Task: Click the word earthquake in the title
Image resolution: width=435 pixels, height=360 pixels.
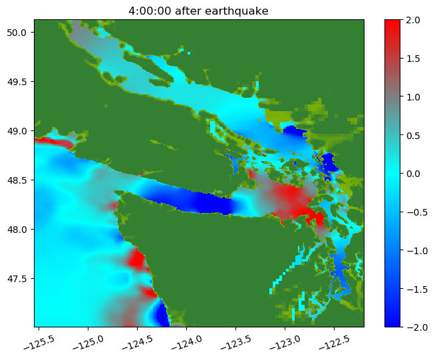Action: [237, 11]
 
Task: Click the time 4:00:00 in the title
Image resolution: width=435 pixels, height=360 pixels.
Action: [150, 11]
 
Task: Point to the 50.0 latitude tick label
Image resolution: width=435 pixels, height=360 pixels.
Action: [17, 33]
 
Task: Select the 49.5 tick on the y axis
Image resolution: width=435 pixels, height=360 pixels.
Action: [17, 82]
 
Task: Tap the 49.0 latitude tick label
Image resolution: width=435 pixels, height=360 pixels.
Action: [17, 130]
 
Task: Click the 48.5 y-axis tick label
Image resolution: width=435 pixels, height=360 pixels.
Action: [17, 180]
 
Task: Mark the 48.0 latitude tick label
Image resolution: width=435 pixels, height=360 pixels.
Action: [17, 230]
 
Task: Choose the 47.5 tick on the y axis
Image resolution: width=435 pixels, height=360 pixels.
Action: [17, 278]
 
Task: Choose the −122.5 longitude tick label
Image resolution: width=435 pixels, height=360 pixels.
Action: [334, 343]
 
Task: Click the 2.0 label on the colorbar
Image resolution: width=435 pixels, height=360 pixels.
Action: [413, 20]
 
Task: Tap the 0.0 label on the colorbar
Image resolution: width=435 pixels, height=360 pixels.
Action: [413, 174]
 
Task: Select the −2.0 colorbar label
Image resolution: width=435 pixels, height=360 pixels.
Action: [417, 327]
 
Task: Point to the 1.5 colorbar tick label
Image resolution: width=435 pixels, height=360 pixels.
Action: [413, 59]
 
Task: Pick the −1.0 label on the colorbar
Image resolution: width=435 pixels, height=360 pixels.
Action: [417, 251]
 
